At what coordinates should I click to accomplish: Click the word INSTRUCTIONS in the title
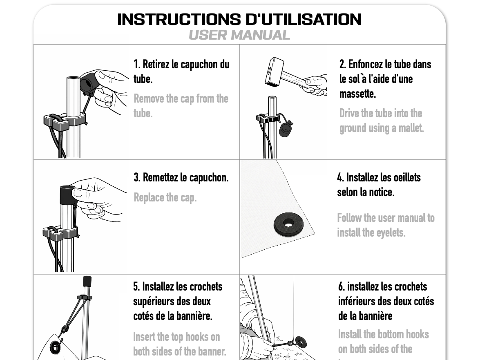(179, 19)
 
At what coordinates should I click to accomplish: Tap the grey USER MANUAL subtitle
(239, 35)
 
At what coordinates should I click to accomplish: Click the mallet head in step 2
(274, 72)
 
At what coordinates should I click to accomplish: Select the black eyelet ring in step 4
(288, 224)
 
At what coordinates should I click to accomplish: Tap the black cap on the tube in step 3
(67, 195)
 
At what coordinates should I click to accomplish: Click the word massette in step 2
(357, 94)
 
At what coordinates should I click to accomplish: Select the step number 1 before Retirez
(136, 64)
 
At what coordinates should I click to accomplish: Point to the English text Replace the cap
(165, 198)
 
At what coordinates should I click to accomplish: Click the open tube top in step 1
(74, 79)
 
